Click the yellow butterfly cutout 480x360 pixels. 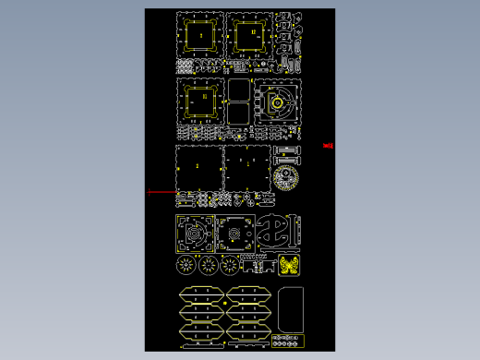[x=290, y=266]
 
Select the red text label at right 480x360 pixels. [x=328, y=145]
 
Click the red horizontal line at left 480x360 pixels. [x=163, y=192]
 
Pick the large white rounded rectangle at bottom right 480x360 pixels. [x=290, y=309]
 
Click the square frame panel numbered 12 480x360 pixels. [x=248, y=36]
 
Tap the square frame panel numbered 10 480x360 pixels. [x=200, y=99]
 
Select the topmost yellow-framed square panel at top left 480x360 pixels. [x=199, y=35]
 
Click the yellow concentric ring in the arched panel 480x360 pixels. [x=278, y=102]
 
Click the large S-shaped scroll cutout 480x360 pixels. [x=279, y=233]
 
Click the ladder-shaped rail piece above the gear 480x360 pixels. [x=287, y=150]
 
